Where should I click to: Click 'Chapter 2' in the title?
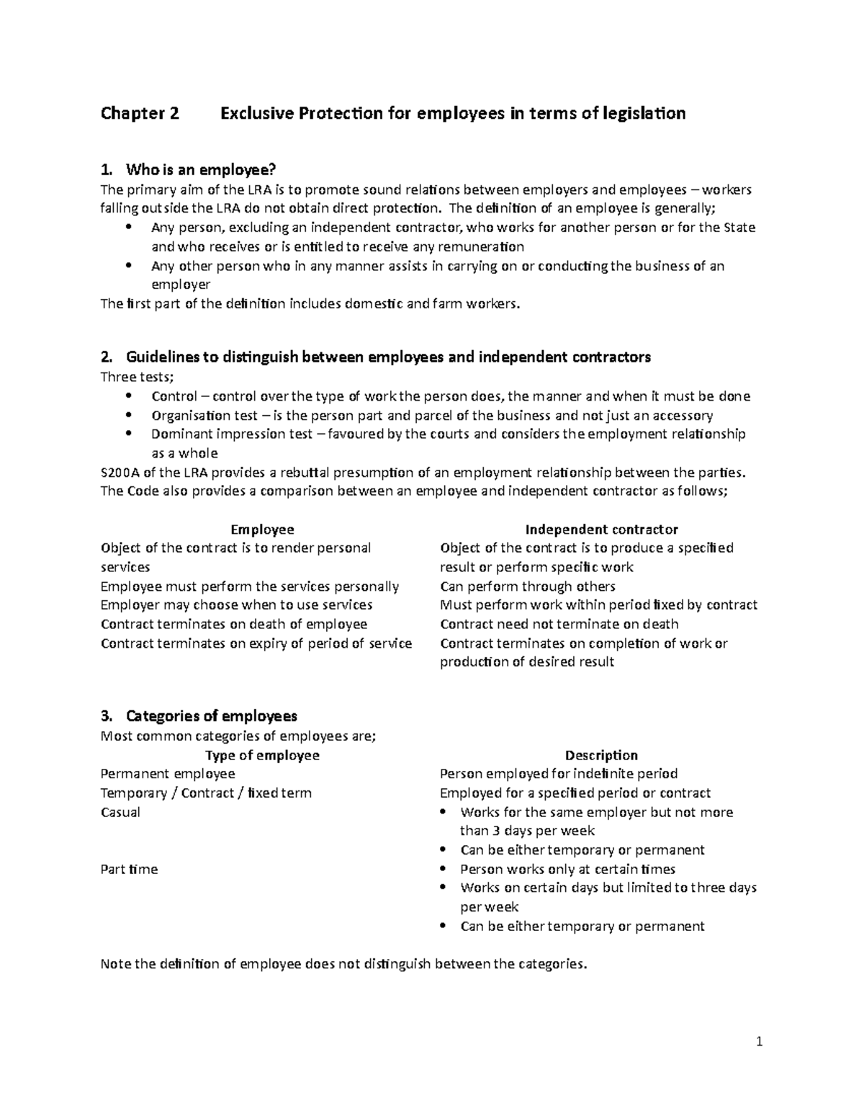point(140,113)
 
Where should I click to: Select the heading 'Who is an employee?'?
point(200,170)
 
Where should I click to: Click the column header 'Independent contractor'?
point(601,530)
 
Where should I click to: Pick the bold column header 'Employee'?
point(262,530)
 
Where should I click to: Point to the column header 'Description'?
point(601,755)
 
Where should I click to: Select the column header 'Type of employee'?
point(262,755)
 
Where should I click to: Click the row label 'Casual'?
point(120,812)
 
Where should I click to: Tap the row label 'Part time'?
point(129,869)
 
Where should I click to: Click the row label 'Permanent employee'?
point(168,774)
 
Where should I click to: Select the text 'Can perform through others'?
point(527,587)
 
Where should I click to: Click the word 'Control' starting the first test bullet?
point(171,396)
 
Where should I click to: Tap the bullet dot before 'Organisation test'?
point(129,415)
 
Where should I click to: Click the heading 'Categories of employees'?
point(211,716)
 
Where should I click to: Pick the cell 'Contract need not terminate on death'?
point(559,624)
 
